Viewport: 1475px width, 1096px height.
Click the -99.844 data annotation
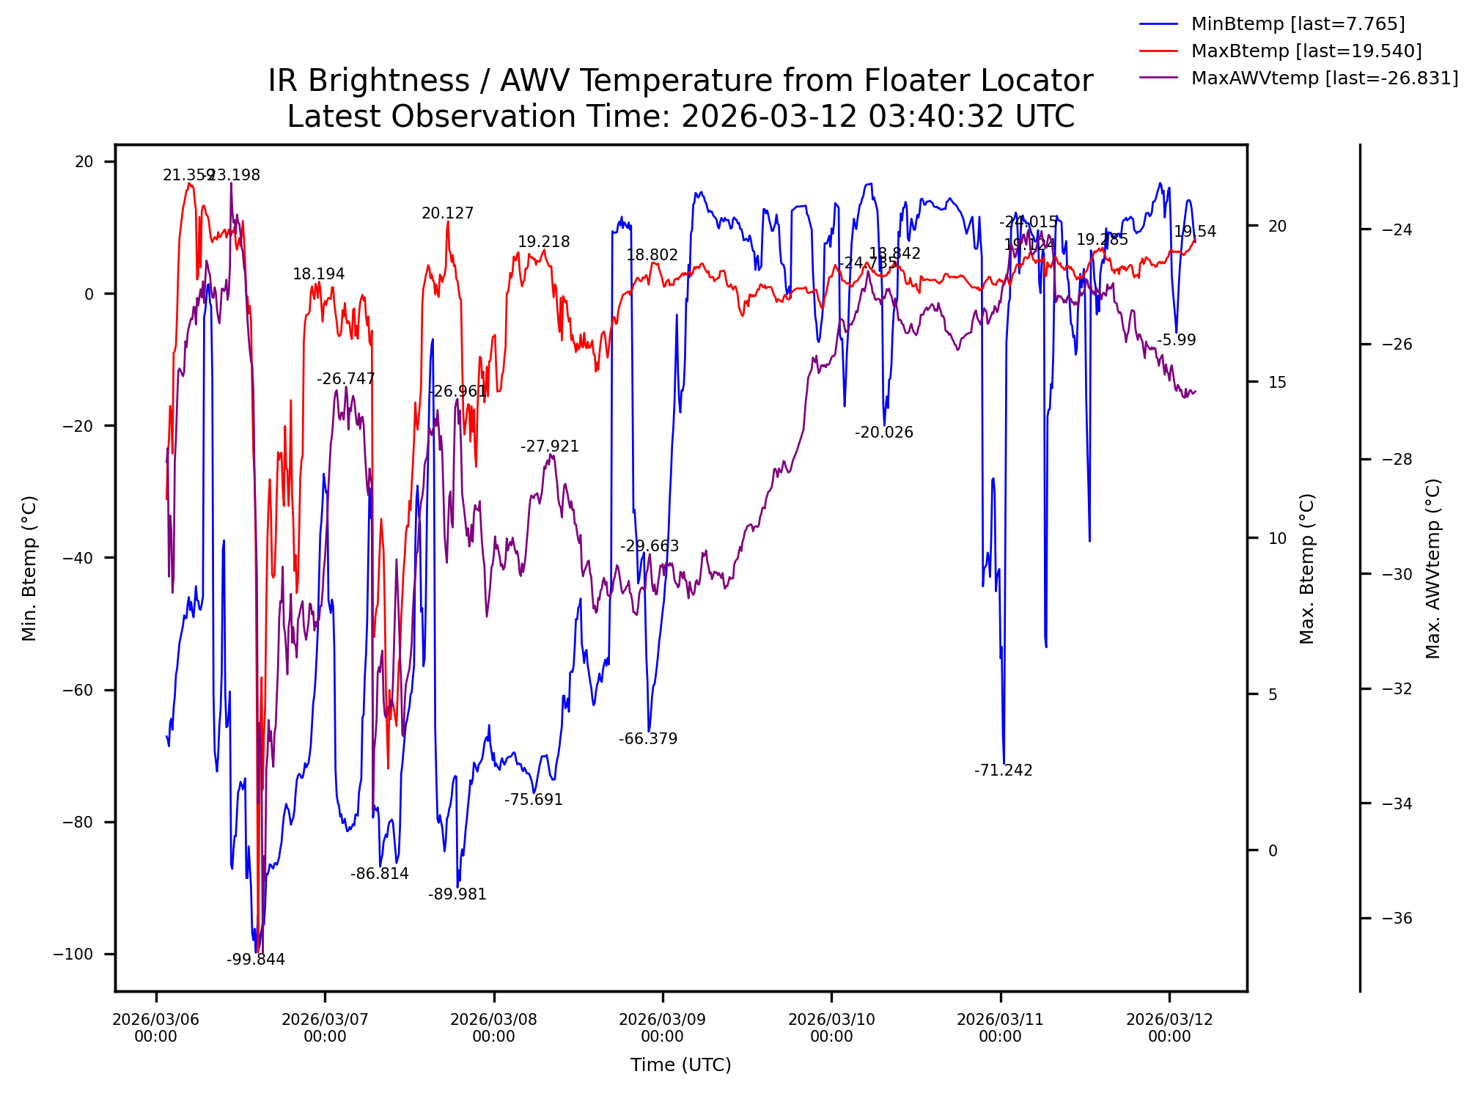click(256, 960)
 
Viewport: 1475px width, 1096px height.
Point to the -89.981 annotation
click(457, 894)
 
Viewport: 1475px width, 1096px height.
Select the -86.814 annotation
click(380, 874)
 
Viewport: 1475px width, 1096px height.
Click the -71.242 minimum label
click(1004, 770)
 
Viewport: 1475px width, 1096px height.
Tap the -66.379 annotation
click(648, 739)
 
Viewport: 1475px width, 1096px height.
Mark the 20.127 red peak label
click(448, 213)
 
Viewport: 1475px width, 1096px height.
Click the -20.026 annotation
click(884, 433)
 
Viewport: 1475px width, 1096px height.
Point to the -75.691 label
click(534, 800)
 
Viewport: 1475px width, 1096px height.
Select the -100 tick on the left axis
click(73, 954)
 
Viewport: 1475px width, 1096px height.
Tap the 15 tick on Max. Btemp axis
click(1277, 382)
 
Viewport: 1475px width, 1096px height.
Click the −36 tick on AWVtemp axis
click(1397, 919)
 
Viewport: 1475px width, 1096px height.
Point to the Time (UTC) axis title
click(681, 1065)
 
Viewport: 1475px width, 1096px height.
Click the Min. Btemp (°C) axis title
click(29, 568)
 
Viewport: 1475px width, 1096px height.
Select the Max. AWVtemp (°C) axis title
click(1433, 568)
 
